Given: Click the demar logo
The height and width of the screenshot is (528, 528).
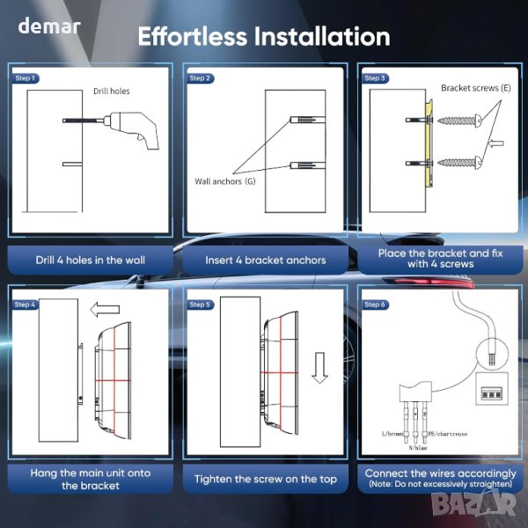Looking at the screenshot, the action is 49,26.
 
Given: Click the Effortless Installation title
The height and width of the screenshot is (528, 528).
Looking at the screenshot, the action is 264,36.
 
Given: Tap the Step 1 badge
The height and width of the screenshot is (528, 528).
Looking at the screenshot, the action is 26,78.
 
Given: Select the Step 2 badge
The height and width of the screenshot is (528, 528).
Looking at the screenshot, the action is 200,78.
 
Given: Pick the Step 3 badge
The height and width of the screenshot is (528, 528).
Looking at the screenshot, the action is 375,78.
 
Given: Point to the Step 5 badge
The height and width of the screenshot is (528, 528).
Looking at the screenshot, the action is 200,304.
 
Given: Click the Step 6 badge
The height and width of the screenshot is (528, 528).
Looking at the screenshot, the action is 375,304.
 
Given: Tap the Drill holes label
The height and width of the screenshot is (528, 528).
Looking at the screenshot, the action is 112,91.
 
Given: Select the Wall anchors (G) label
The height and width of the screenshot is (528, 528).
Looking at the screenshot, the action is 225,181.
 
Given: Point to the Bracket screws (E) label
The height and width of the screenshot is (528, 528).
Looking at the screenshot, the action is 476,88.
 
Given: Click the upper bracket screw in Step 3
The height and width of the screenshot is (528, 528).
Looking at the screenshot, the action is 459,120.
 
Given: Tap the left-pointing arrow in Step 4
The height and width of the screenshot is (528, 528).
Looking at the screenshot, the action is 105,310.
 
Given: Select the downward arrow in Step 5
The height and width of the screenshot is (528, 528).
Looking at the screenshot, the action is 319,368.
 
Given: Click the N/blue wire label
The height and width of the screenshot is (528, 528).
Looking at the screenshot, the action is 418,448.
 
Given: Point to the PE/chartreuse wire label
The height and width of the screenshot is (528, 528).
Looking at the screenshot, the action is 448,434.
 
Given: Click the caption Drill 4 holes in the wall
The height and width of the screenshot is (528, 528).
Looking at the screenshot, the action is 91,260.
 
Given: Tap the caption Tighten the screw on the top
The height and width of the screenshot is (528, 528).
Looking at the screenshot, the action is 266,479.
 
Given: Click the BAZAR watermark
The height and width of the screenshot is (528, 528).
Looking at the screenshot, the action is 473,504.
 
